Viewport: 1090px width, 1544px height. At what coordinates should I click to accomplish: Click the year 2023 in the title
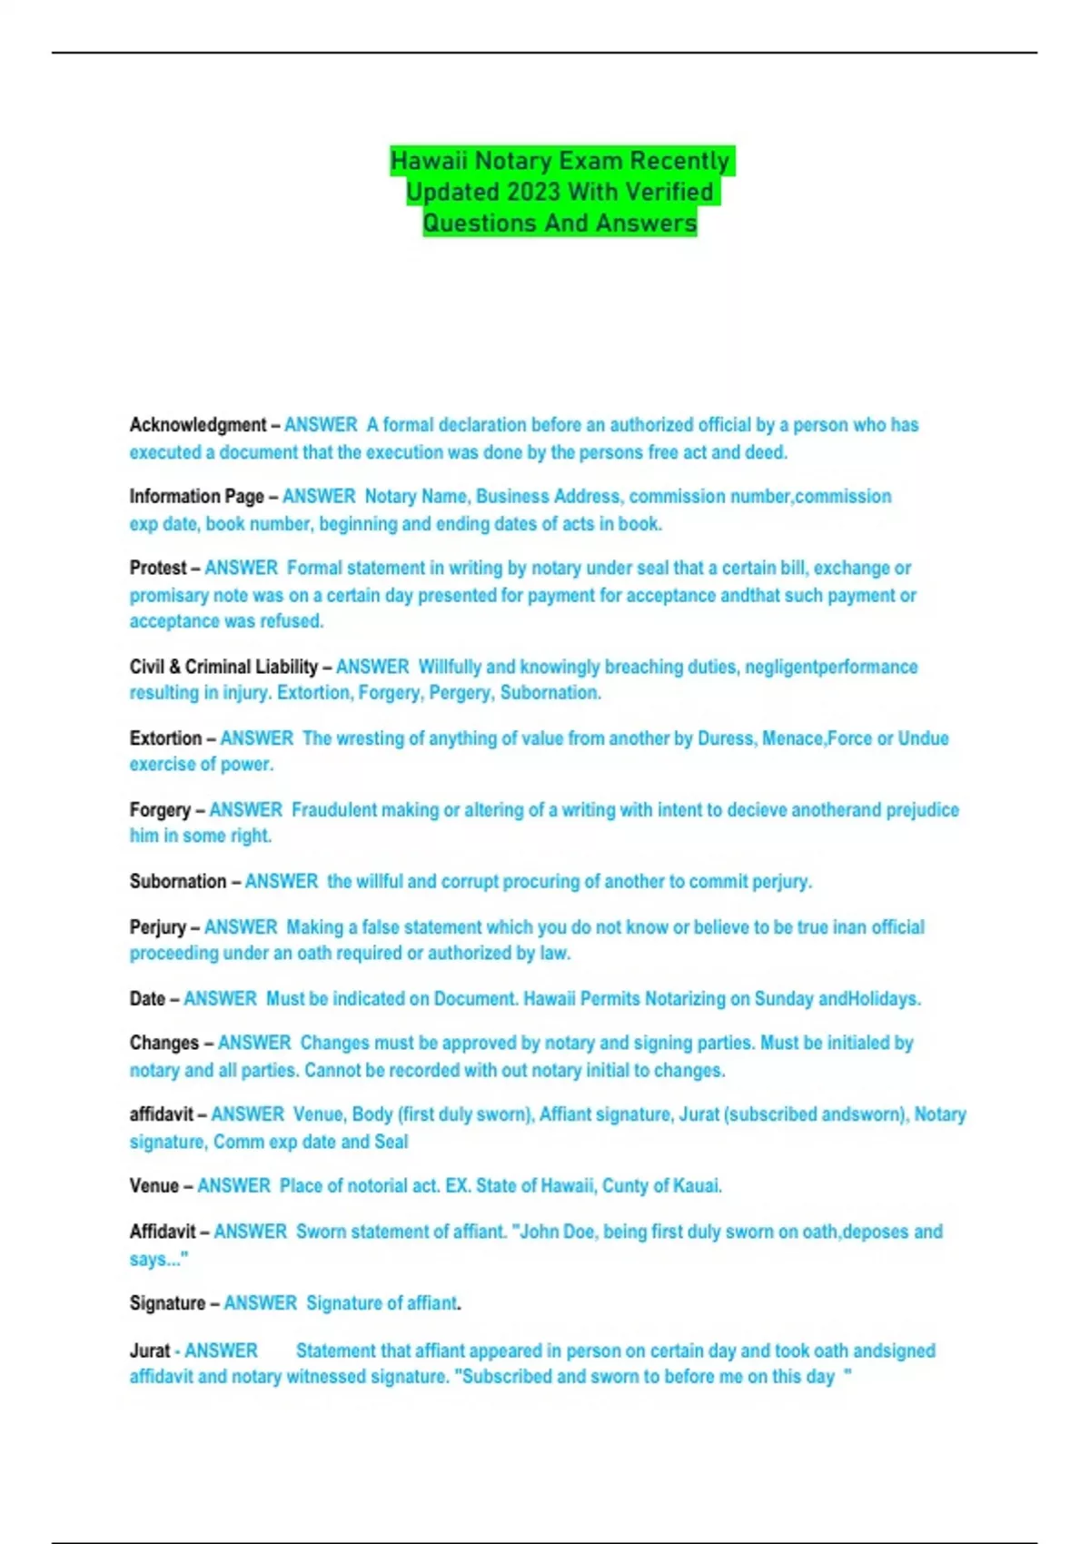click(x=533, y=193)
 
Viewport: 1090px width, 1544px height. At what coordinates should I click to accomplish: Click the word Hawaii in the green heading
click(x=430, y=161)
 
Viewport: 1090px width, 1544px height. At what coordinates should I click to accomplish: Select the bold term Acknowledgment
click(x=197, y=425)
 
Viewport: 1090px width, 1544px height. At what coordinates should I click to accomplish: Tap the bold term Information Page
click(x=196, y=497)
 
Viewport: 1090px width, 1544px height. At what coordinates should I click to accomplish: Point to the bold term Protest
click(x=158, y=569)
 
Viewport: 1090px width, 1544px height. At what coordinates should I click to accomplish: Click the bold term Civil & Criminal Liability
click(x=223, y=667)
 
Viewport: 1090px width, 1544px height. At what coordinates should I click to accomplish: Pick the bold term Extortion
click(x=165, y=738)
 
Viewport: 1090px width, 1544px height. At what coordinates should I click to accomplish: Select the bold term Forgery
click(x=160, y=810)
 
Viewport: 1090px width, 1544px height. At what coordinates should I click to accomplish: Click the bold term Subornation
click(x=178, y=882)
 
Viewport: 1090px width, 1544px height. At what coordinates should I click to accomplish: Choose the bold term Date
click(x=147, y=999)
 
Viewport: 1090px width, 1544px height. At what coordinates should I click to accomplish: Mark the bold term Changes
click(x=163, y=1044)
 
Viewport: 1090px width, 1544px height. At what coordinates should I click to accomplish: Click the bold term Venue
click(x=154, y=1186)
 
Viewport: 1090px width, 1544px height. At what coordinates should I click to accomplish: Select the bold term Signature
click(x=167, y=1303)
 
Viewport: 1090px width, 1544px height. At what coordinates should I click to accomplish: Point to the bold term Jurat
click(x=150, y=1351)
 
